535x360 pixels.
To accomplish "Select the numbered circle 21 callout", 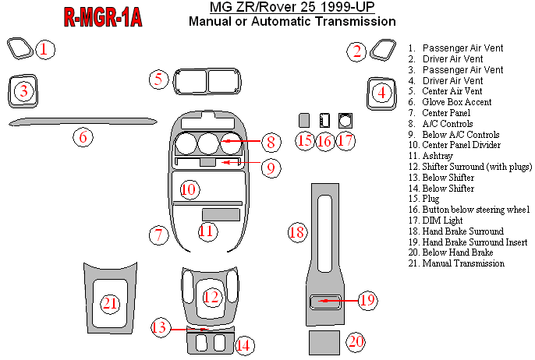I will pos(110,303).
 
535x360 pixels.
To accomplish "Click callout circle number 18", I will pos(296,231).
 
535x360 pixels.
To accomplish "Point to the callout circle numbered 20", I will pos(356,341).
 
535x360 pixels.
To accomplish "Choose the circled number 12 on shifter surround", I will pos(211,297).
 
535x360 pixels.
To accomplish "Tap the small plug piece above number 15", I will pos(305,121).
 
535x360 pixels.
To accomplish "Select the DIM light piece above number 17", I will pos(345,121).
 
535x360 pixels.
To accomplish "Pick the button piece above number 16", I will pos(325,121).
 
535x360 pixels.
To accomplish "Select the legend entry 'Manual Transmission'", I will pos(462,263).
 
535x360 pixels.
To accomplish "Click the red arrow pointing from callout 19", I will pos(337,299).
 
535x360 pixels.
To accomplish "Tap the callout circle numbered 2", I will pos(357,52).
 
